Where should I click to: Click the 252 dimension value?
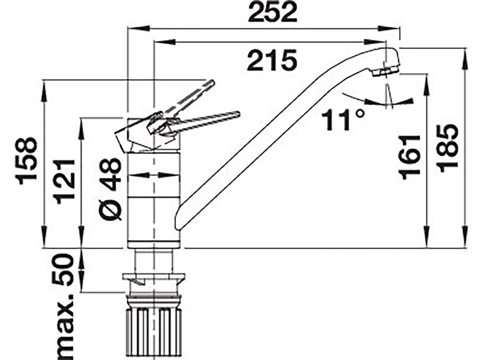click(x=272, y=13)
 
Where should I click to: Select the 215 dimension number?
click(x=272, y=60)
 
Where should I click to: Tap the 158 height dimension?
click(x=28, y=161)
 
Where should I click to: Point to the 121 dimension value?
click(x=66, y=182)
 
